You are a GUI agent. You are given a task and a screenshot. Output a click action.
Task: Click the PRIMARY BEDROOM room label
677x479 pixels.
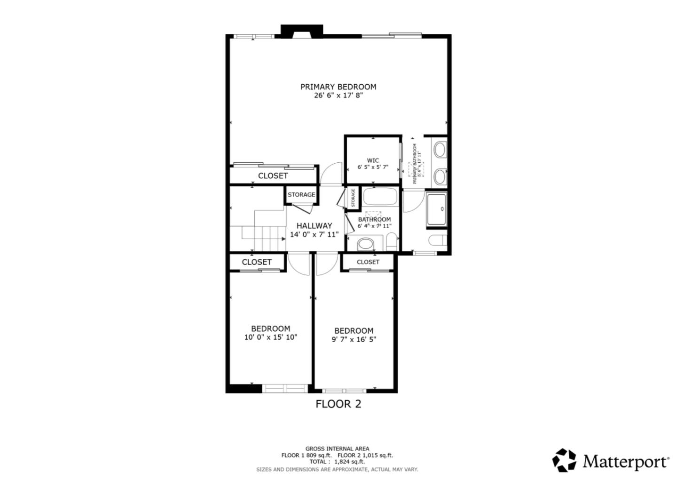click(x=338, y=87)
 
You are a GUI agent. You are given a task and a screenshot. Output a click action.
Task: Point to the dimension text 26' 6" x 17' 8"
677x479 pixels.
click(x=338, y=96)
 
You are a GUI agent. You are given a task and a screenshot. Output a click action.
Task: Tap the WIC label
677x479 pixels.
click(x=373, y=160)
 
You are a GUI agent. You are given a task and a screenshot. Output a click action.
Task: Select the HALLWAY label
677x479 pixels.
click(x=314, y=226)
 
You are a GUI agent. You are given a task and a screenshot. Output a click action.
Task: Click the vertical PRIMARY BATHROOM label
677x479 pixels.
click(x=415, y=164)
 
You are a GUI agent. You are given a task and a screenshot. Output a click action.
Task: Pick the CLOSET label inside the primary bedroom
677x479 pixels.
click(x=273, y=176)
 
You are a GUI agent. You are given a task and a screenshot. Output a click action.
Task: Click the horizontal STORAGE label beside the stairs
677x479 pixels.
click(x=301, y=195)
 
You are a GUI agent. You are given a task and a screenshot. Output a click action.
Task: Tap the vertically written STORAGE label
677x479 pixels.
click(x=353, y=198)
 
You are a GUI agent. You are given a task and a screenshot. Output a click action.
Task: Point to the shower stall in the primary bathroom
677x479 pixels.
click(x=436, y=209)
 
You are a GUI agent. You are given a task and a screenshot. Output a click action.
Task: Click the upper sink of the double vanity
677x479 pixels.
click(x=440, y=150)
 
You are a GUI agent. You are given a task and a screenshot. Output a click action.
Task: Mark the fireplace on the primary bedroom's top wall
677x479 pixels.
click(x=301, y=31)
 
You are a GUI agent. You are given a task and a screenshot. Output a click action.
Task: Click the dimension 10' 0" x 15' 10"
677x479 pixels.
click(x=270, y=337)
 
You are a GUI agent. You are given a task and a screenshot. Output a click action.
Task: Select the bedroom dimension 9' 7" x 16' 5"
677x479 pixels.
click(x=354, y=339)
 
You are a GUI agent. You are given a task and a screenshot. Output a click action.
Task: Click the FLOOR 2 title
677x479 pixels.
click(x=338, y=404)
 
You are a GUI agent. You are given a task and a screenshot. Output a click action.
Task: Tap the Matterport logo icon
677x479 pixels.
click(x=564, y=460)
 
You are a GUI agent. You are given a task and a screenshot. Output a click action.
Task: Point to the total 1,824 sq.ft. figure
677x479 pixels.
click(x=349, y=462)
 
